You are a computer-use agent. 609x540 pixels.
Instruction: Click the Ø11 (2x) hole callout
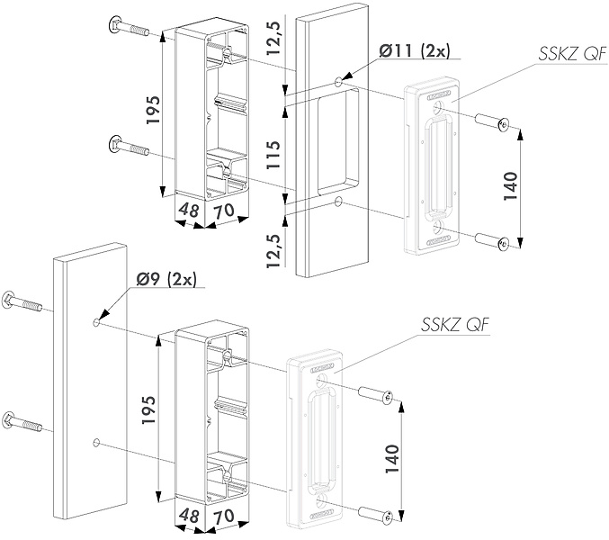point(414,51)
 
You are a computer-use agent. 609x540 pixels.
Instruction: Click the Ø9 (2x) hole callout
point(166,279)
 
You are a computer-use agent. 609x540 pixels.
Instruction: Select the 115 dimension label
point(273,154)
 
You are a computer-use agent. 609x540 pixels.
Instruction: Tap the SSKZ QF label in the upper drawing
point(572,54)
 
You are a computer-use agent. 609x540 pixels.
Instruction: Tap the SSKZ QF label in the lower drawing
point(455,324)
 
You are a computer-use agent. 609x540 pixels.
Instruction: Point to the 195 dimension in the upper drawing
point(153,110)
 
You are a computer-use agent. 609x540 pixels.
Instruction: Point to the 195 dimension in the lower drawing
point(148,409)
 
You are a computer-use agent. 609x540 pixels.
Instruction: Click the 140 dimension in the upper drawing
point(511,185)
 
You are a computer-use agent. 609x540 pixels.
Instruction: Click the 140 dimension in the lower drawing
point(392,458)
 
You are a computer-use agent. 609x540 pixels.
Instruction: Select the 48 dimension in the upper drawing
point(189,211)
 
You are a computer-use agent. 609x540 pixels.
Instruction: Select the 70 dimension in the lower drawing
point(224,516)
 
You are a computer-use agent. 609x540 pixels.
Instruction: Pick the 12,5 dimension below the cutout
point(273,251)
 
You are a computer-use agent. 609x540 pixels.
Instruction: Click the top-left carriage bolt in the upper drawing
point(128,27)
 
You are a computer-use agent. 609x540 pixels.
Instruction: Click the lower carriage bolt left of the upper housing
point(129,146)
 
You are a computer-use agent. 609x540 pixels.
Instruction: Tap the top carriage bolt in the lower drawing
point(22,302)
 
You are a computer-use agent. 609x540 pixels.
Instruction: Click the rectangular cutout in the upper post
point(338,141)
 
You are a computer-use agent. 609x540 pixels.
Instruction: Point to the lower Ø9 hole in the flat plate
point(96,443)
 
